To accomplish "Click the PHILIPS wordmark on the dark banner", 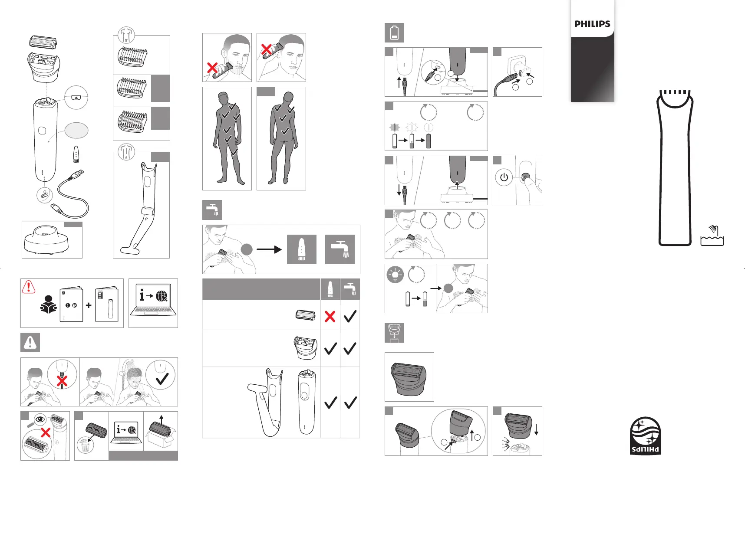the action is [592, 24].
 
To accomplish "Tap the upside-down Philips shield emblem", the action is [645, 436].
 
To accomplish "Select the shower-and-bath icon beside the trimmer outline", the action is [712, 236].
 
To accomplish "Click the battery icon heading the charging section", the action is [394, 33].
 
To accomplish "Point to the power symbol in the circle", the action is [504, 177].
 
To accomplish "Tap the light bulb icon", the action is [395, 275].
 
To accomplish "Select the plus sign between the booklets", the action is [89, 305].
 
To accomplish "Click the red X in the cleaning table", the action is [330, 316].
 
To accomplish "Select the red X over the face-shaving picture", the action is [212, 68].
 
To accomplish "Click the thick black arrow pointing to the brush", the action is [269, 249].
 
